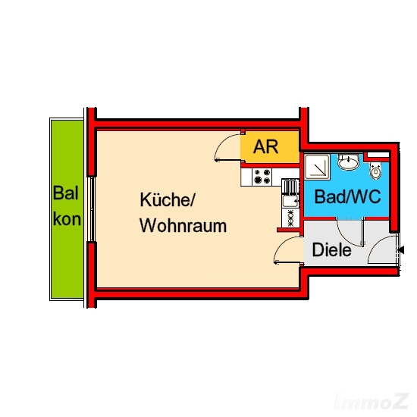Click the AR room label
pos(265,146)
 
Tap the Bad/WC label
pos(347,197)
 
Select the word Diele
pos(331,249)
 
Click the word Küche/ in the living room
pos(168,199)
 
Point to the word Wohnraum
pos(183,225)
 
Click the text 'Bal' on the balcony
pos(65,193)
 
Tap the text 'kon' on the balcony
pos(67,219)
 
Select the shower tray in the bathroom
pos(317,167)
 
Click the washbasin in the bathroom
pos(349,161)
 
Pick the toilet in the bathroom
pos(375,171)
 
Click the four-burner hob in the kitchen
pos(262,177)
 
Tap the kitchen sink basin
pos(290,201)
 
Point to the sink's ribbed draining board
pos(290,187)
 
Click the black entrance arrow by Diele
pos(400,250)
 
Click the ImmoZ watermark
pos(372,401)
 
